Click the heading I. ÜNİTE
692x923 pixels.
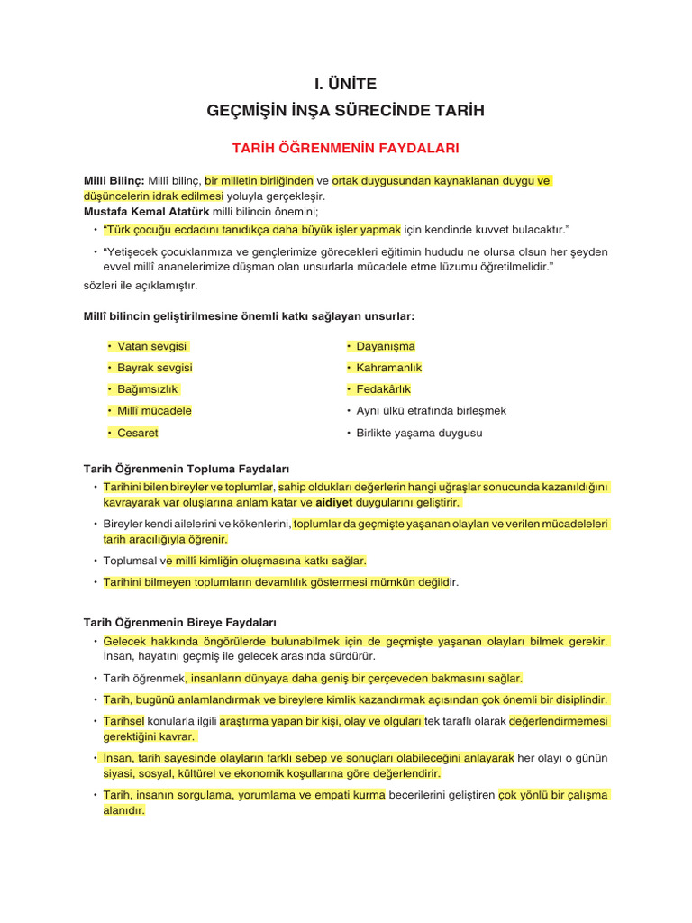click(x=345, y=84)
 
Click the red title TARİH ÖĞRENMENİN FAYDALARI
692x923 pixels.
click(x=345, y=146)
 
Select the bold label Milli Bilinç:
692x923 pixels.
click(x=114, y=180)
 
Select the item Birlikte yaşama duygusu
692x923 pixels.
click(x=419, y=433)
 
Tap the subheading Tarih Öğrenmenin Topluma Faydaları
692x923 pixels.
click(x=187, y=469)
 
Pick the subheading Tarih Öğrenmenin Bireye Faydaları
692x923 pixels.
click(x=180, y=622)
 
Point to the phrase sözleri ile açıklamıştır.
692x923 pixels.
click(x=140, y=285)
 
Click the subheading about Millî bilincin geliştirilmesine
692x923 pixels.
click(x=249, y=316)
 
